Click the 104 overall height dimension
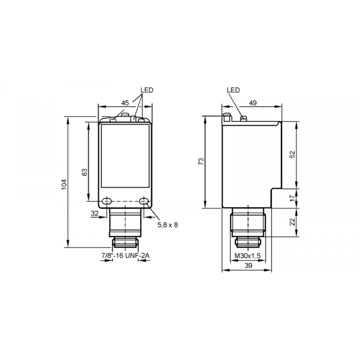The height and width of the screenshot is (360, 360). [64, 184]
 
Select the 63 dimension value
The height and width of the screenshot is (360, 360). [85, 172]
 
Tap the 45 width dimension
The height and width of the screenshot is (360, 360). [125, 103]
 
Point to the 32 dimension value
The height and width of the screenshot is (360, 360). [95, 213]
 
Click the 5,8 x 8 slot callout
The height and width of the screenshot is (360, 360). [168, 225]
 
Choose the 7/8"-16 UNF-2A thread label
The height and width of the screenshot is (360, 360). [125, 255]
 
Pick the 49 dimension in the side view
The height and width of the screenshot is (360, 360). [253, 103]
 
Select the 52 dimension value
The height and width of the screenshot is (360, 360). [292, 154]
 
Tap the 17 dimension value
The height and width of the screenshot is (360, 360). [292, 198]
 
